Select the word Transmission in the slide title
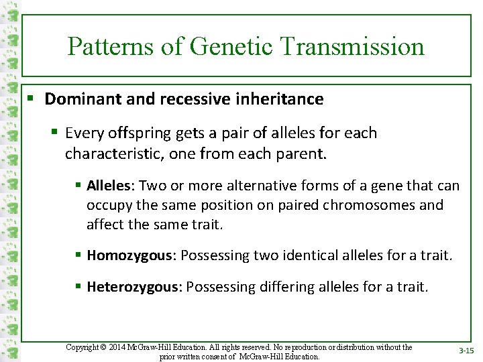pyautogui.click(x=353, y=47)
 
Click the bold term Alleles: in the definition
pyautogui.click(x=111, y=186)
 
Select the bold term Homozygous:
pyautogui.click(x=131, y=255)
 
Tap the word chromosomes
pyautogui.click(x=382, y=204)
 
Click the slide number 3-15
pyautogui.click(x=465, y=351)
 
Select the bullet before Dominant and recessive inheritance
pyautogui.click(x=32, y=99)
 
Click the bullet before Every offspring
pyautogui.click(x=56, y=133)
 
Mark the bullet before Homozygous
pyautogui.click(x=78, y=255)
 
